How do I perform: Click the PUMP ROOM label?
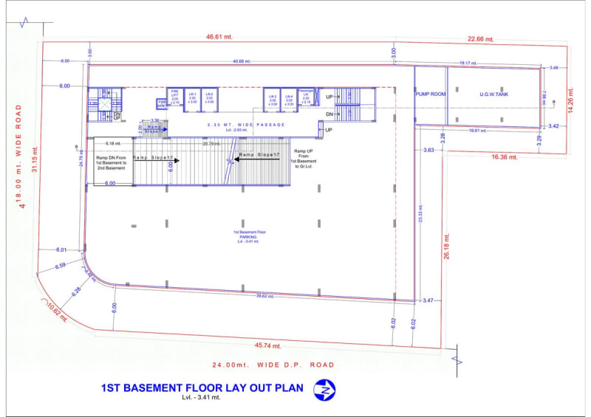click(429, 94)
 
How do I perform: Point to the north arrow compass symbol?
click(323, 389)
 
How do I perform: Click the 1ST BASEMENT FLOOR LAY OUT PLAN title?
click(202, 388)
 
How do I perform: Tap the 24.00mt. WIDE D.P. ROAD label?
click(273, 365)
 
